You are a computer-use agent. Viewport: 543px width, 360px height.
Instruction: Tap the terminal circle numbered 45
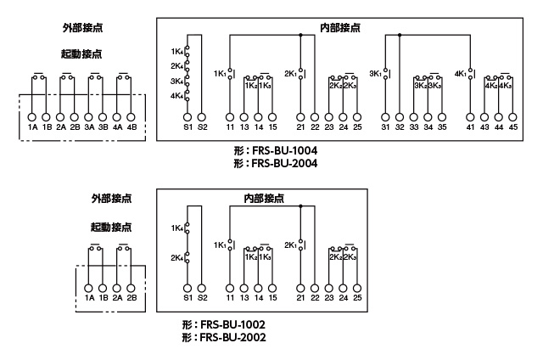[x=513, y=115]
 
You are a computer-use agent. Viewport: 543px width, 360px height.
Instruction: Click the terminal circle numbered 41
[x=471, y=115]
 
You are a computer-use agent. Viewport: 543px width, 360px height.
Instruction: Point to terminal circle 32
[x=400, y=115]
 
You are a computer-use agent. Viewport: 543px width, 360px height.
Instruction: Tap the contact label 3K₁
[x=375, y=73]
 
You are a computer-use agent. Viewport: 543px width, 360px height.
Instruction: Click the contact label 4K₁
[x=462, y=73]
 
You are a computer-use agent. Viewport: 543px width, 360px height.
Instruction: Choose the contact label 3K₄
[x=176, y=81]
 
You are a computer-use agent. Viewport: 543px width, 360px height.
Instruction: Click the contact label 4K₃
[x=506, y=85]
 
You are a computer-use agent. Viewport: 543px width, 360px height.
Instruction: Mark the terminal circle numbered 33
[x=414, y=115]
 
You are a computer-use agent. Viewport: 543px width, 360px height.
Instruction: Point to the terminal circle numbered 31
[x=386, y=115]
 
